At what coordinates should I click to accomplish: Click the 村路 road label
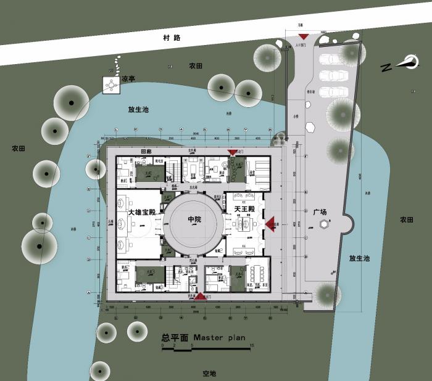tap(172, 38)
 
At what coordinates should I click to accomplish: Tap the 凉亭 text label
tap(128, 79)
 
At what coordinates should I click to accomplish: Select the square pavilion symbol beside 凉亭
tap(111, 85)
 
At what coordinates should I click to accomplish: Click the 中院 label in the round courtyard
tap(196, 219)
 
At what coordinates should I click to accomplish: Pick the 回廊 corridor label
tap(146, 151)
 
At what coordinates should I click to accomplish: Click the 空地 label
tap(210, 374)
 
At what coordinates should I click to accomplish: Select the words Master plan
tap(219, 338)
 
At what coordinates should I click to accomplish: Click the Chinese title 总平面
tap(175, 338)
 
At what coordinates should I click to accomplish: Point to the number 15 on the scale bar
tap(252, 345)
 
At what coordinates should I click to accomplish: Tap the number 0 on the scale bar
tap(163, 345)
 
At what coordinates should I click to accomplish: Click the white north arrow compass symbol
tap(409, 62)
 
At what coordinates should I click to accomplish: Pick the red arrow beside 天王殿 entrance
tap(270, 225)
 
